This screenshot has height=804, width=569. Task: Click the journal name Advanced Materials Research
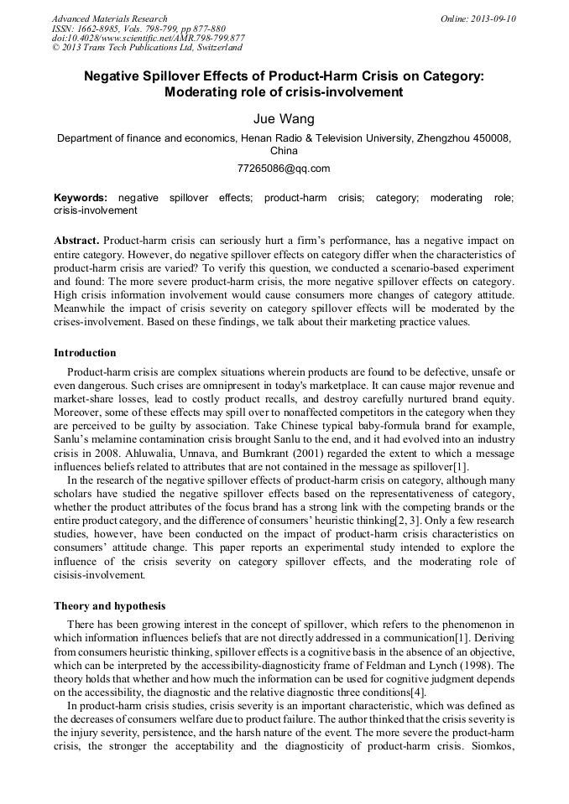pyautogui.click(x=109, y=18)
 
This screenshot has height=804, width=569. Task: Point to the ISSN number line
pyautogui.click(x=138, y=29)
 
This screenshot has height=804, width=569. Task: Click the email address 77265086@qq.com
pyautogui.click(x=284, y=168)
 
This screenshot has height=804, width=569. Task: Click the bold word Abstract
pyautogui.click(x=76, y=240)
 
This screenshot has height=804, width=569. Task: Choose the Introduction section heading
pyautogui.click(x=85, y=352)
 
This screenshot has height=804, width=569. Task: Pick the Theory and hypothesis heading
pyautogui.click(x=109, y=605)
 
